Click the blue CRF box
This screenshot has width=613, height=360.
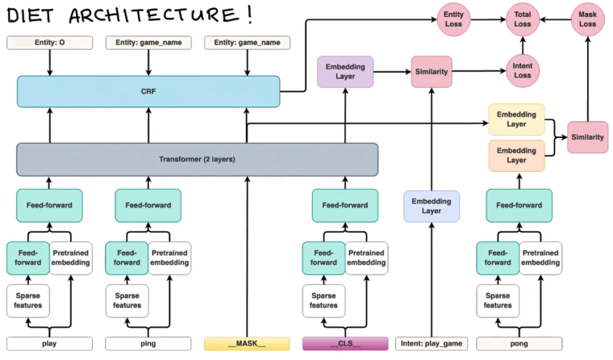coord(148,91)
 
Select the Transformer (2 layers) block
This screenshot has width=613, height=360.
coord(197,159)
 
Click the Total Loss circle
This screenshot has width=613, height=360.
coord(523,19)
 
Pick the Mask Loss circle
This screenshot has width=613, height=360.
coord(586,19)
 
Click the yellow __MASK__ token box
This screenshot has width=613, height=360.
coord(246,344)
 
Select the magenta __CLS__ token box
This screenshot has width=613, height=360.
coord(344,344)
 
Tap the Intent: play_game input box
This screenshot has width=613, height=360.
coord(432,344)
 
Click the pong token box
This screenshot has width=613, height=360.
coord(519,344)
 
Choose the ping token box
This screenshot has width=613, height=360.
coord(148,344)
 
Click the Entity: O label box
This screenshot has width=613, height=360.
coord(49,42)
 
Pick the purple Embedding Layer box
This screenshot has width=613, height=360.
coord(344,71)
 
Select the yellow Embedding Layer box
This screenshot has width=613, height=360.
coord(516,119)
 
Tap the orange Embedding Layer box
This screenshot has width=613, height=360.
coord(516,155)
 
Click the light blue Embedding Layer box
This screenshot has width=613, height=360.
coord(432,206)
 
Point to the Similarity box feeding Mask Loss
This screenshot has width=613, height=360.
coord(587,137)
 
